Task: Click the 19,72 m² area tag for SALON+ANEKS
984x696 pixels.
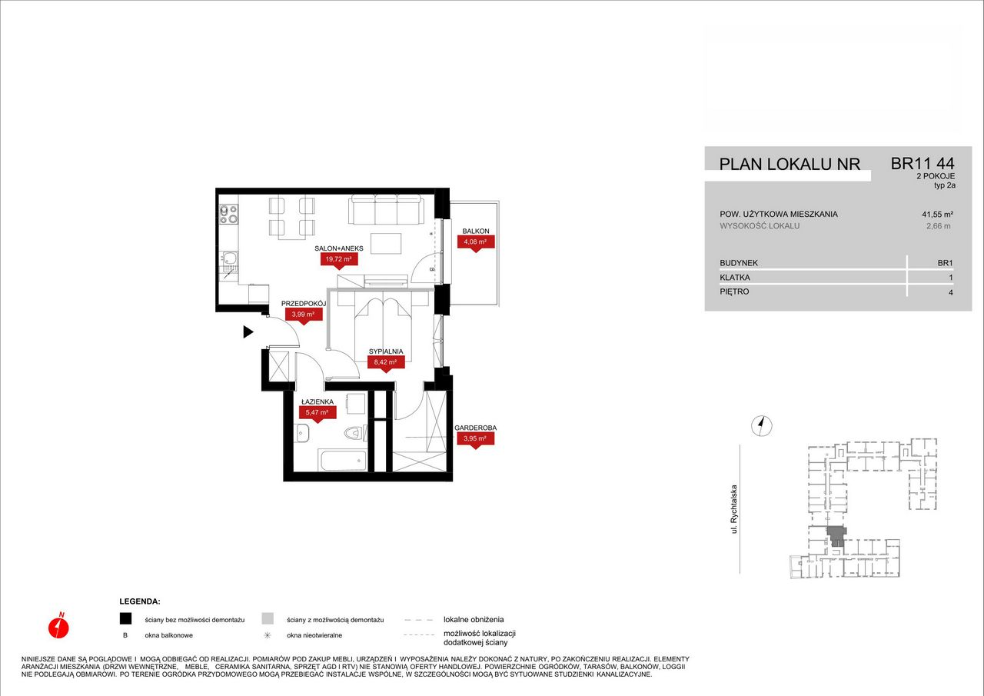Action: click(339, 259)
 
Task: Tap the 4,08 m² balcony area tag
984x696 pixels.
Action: click(476, 241)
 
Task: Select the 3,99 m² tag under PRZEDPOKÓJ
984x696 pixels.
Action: click(304, 315)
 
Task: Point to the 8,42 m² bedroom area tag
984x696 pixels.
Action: click(386, 362)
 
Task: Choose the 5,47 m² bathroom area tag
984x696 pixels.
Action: click(317, 412)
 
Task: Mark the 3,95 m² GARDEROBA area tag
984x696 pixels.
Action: click(476, 438)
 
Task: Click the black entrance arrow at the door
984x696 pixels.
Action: click(248, 332)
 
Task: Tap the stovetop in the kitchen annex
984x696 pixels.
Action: click(228, 215)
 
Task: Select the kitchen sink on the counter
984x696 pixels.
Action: click(228, 262)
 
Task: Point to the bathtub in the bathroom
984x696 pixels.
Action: click(344, 461)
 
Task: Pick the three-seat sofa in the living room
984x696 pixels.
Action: click(386, 210)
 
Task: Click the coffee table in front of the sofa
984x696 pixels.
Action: click(386, 244)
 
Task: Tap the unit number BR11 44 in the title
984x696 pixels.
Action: click(922, 164)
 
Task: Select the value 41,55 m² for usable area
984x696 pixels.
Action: click(937, 215)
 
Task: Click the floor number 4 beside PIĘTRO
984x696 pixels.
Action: click(951, 292)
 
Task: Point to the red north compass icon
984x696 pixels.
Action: click(58, 627)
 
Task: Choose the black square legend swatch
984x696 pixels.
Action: click(125, 618)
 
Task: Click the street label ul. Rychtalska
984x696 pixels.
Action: click(733, 509)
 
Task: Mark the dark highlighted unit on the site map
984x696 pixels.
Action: click(836, 536)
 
